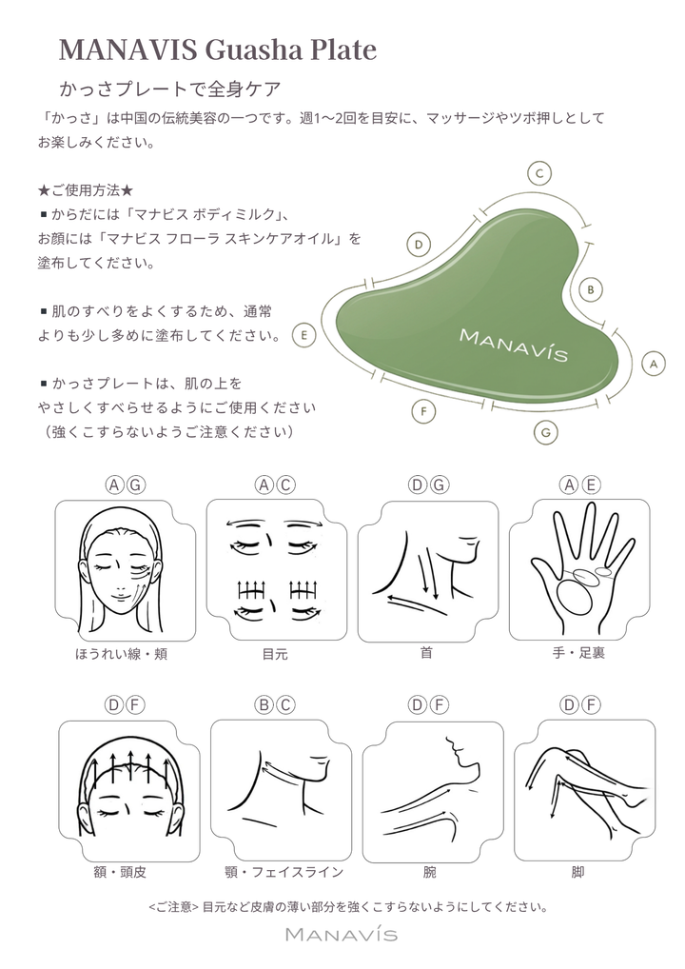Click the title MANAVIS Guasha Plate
click(x=218, y=49)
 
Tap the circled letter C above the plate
click(x=539, y=173)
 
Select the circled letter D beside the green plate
click(x=418, y=245)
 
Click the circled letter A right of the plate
click(x=652, y=364)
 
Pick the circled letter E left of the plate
click(x=303, y=335)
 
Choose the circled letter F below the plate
click(x=424, y=411)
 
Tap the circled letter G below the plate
click(x=544, y=431)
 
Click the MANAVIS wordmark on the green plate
click(x=513, y=345)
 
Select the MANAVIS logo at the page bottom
click(x=342, y=935)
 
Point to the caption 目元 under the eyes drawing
click(x=274, y=654)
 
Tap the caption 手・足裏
click(x=579, y=654)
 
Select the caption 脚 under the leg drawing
click(x=577, y=872)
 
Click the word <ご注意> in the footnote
click(x=174, y=906)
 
